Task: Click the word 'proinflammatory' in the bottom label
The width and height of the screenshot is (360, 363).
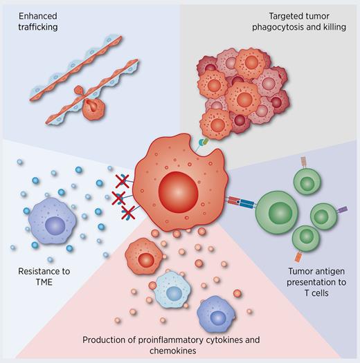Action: coord(175,339)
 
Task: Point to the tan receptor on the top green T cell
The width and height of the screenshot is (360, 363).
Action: coord(303,162)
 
